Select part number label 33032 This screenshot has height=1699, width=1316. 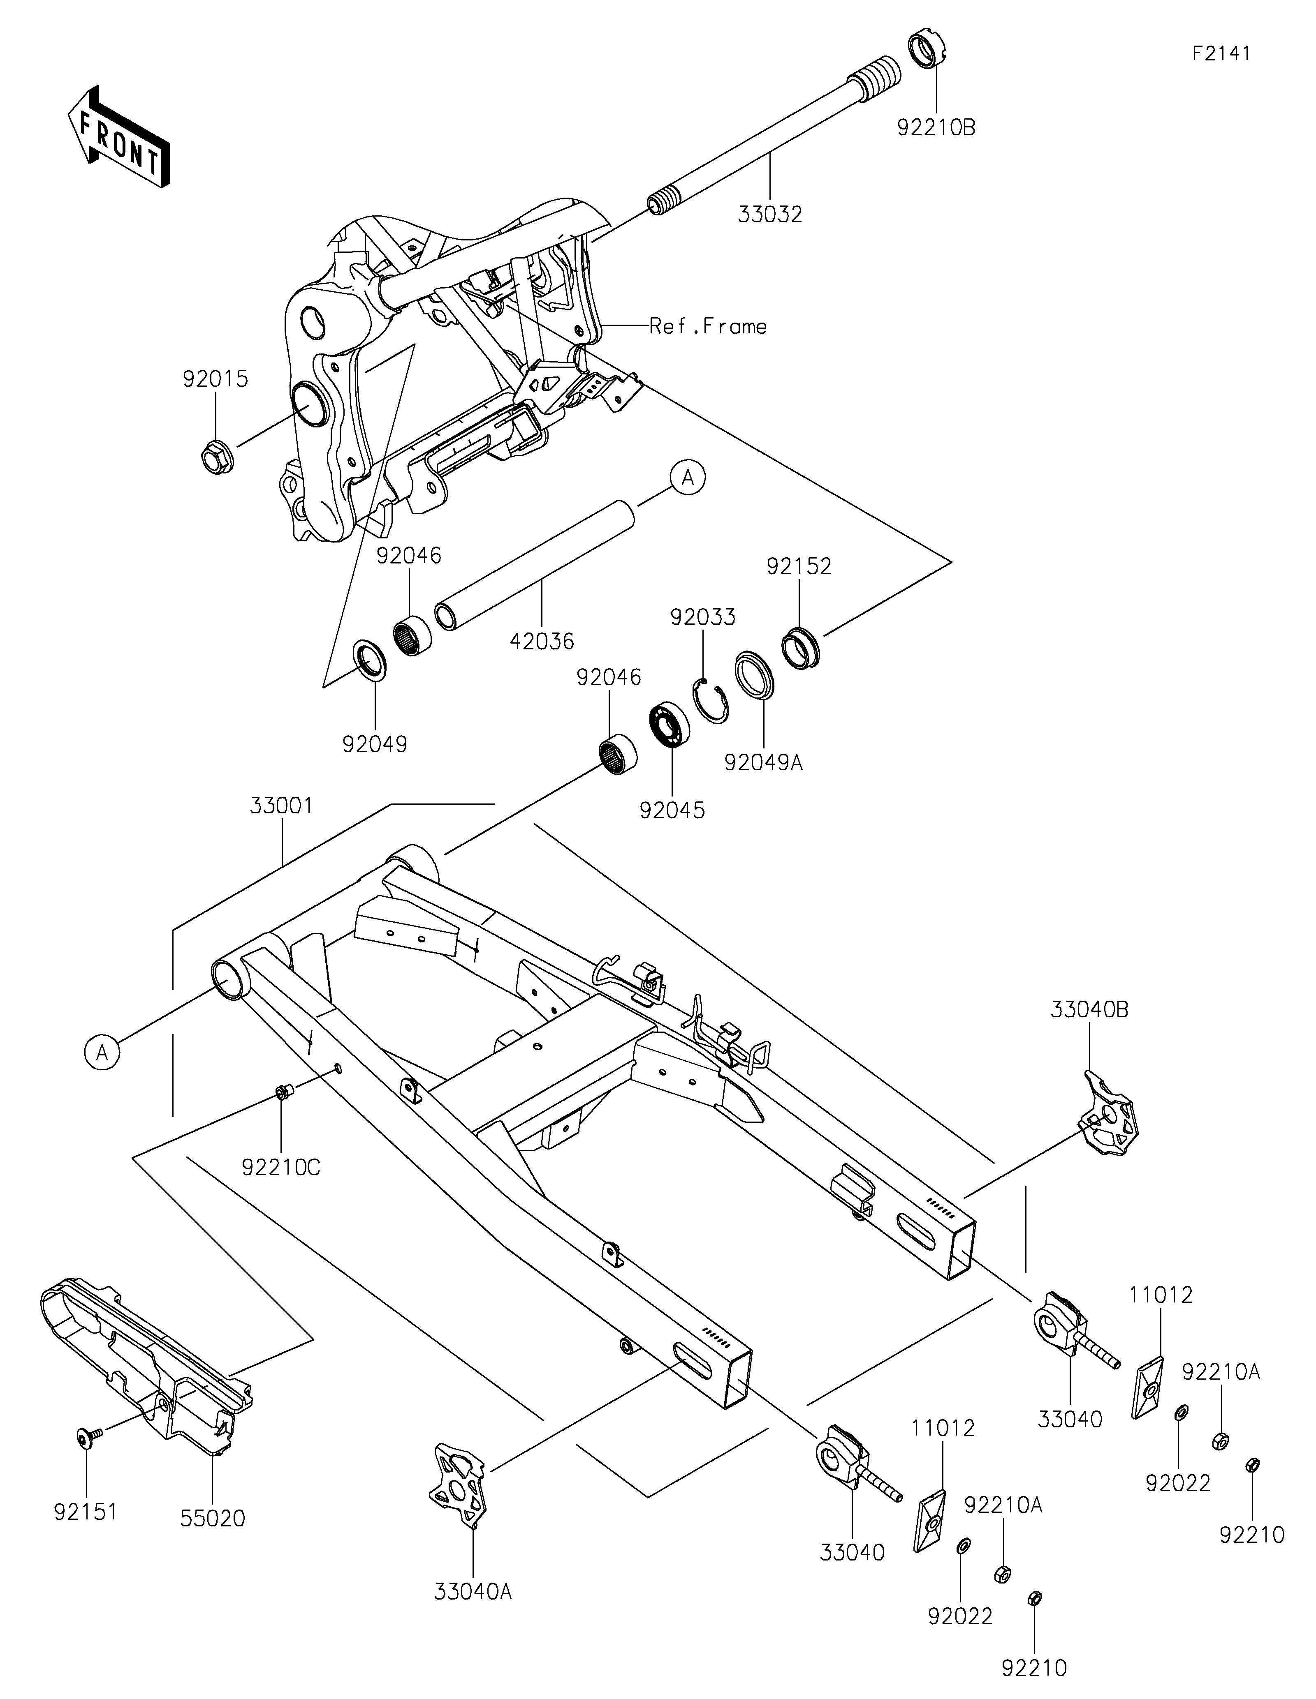click(x=770, y=214)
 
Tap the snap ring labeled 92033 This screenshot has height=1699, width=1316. click(x=711, y=701)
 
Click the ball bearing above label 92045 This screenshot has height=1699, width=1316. click(x=669, y=723)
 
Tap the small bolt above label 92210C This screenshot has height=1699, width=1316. click(x=283, y=1093)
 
